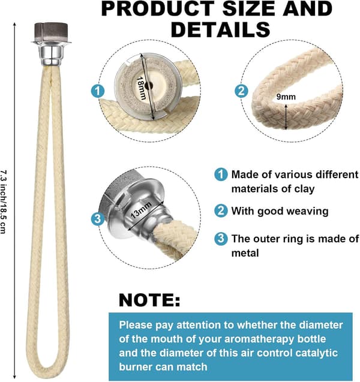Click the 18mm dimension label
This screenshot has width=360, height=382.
pos(141,88)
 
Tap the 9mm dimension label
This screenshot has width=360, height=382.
pos(286,97)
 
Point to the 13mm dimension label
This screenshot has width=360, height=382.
pos(140,210)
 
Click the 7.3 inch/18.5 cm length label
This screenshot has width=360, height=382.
pos(3,202)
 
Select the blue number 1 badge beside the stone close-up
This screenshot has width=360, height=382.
pos(98,91)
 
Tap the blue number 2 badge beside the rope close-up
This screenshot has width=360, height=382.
pos(241,91)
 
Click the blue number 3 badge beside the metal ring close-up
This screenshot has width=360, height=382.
pos(98,218)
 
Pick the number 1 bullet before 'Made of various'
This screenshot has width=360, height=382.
pos(221,175)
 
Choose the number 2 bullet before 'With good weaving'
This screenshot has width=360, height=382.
pos(221,211)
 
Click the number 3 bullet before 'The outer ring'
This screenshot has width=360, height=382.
pos(221,239)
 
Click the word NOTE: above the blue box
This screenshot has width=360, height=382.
pos(149,300)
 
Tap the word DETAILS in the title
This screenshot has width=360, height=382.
pos(221,29)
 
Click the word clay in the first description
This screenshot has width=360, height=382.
pos(304,189)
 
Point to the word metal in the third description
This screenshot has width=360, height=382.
pos(245,253)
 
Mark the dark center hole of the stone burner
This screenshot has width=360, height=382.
pos(148,86)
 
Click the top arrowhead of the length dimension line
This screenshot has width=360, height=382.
pos(14,25)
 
